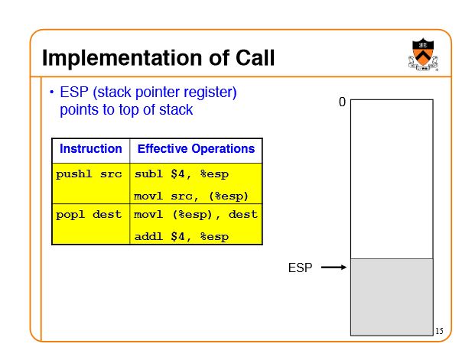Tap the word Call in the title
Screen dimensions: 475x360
coord(255,57)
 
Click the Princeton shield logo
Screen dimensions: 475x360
coord(423,54)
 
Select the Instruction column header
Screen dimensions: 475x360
coord(91,149)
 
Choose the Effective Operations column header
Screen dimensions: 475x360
coord(196,149)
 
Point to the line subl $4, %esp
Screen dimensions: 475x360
coord(181,174)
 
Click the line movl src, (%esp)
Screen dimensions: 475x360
coord(191,196)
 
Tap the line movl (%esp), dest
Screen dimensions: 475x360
coord(196,215)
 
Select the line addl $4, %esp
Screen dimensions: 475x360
coord(181,236)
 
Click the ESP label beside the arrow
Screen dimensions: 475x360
coord(300,268)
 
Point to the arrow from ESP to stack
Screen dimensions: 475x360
coord(333,267)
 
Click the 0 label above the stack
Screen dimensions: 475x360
coord(342,102)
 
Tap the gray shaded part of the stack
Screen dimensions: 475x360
coord(392,297)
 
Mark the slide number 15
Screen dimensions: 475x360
coord(439,331)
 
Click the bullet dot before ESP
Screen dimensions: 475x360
coord(52,92)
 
